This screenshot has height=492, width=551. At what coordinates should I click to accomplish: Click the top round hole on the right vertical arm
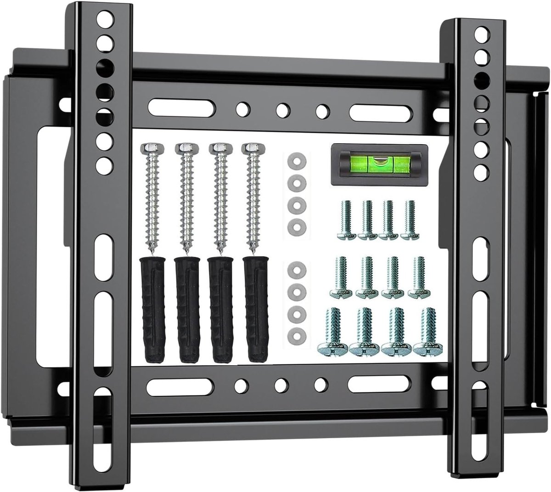coord(481,34)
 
